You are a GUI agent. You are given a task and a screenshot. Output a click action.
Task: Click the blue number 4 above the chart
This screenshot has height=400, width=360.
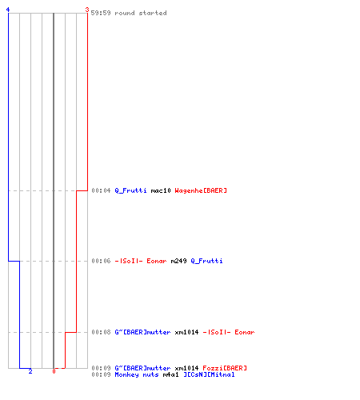coord(8,10)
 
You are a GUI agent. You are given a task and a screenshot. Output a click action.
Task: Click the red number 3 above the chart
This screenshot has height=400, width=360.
coord(87,10)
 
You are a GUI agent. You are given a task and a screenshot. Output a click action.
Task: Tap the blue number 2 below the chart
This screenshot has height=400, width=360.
coord(30,371)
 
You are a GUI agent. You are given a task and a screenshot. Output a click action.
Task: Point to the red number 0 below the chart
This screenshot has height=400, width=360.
coord(54,371)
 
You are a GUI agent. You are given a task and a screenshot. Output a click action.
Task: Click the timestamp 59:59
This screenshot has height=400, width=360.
coord(101,13)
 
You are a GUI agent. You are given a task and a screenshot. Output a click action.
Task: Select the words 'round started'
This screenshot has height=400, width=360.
coord(141,13)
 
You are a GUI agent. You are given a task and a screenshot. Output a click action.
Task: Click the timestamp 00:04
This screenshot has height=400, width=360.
coord(101,190)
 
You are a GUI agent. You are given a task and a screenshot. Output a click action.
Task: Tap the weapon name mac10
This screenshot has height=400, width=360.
coord(161,190)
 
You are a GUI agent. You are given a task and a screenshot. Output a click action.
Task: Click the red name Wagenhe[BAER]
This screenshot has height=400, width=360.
coord(201,190)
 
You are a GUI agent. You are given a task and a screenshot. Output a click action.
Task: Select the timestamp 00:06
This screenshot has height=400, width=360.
coord(101,261)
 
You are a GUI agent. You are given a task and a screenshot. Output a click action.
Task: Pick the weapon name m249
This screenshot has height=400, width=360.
coord(178,261)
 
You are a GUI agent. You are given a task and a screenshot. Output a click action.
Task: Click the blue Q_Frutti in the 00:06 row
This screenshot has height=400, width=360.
coord(206,261)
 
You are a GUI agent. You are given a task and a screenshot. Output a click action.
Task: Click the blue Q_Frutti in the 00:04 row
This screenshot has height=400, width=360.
coord(130,190)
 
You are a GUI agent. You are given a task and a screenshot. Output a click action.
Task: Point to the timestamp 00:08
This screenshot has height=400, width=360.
coord(101,332)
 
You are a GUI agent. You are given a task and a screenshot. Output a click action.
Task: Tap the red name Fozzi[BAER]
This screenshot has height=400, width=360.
coord(225,368)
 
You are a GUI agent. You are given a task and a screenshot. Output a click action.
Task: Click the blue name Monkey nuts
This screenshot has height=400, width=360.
coord(137,374)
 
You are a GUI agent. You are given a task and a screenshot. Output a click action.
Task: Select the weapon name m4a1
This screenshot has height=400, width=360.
coord(170,374)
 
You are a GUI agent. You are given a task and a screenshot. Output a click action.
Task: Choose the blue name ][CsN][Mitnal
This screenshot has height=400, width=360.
coord(209,374)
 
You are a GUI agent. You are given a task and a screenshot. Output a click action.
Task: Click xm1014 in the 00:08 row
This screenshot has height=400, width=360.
coord(186,332)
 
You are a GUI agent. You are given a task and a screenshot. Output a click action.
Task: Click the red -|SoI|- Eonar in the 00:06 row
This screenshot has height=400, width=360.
coord(141,261)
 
